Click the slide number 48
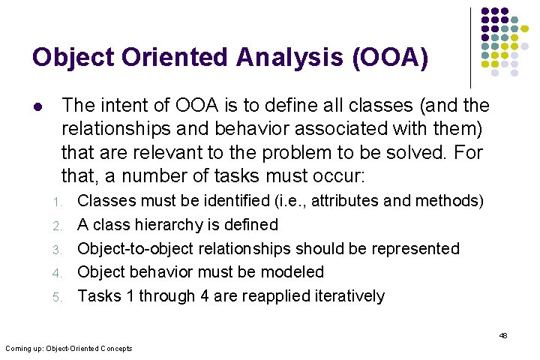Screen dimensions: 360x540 click(x=503, y=335)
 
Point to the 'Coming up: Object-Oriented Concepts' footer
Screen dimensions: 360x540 click(x=68, y=348)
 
